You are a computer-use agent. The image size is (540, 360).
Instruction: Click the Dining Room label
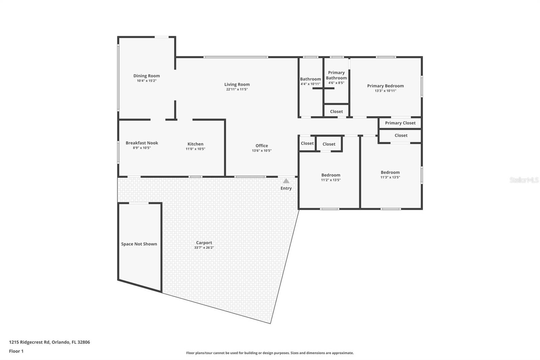pos(146,76)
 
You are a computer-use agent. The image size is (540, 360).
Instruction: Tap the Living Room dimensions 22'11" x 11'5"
pos(237,89)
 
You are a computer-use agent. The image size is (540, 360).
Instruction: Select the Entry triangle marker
pos(286,181)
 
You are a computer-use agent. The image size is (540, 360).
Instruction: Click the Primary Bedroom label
pos(385,86)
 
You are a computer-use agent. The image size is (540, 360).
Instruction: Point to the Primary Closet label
pos(400,123)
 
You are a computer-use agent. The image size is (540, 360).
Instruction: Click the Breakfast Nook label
pos(142,143)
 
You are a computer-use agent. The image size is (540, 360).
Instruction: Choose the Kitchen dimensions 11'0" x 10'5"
pos(195,149)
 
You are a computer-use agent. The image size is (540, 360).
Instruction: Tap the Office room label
pos(262,146)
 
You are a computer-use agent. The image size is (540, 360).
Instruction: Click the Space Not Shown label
pos(139,244)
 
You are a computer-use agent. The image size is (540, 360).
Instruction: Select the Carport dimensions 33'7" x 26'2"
pos(204,248)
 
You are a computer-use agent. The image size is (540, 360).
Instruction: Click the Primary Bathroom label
pos(336,75)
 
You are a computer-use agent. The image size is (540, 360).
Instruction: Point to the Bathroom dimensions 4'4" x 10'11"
pos(310,84)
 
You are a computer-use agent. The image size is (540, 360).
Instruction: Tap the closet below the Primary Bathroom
pos(336,111)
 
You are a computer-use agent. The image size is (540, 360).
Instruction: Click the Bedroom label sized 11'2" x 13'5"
pos(331,175)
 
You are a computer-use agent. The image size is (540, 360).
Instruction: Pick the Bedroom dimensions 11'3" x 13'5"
pos(390,177)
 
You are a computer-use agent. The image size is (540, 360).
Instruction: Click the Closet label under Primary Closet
pos(401,135)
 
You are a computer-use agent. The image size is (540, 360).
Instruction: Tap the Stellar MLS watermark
pos(524,180)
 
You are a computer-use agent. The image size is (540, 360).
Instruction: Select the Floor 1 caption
pos(16,351)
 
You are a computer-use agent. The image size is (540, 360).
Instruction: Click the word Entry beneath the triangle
pos(286,188)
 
